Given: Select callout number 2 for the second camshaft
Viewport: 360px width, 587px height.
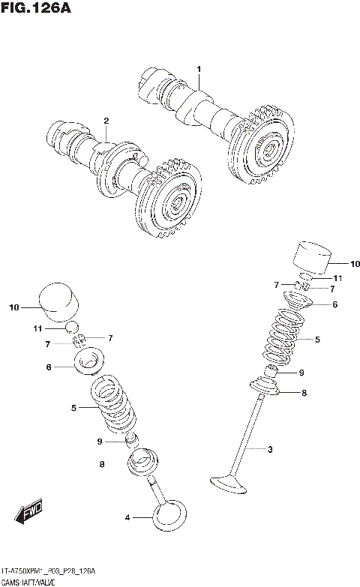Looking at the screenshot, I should coord(106,121).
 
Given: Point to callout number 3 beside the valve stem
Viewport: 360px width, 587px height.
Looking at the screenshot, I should coord(269,450).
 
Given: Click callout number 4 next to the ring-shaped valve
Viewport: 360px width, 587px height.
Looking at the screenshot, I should coord(127,517).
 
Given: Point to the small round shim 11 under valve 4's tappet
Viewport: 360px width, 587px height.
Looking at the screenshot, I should coord(72,328).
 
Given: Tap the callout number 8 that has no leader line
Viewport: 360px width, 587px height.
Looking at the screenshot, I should coord(100,465).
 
